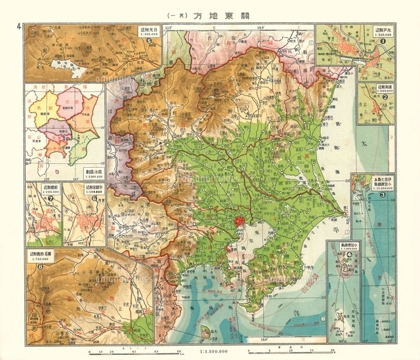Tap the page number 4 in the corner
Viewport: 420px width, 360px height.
click(x=20, y=26)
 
